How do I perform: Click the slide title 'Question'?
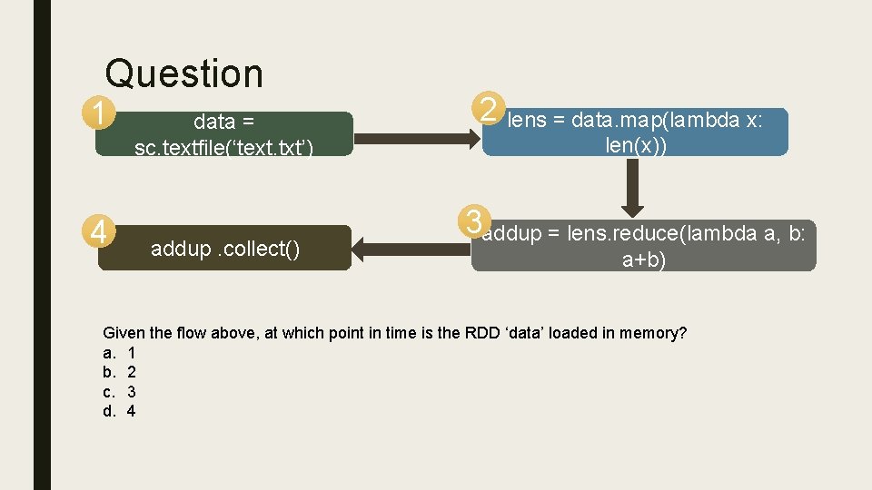(x=183, y=73)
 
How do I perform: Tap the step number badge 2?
(x=489, y=111)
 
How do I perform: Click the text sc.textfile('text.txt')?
(x=223, y=147)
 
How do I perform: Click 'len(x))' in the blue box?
(x=636, y=144)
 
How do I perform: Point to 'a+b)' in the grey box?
(x=643, y=260)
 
